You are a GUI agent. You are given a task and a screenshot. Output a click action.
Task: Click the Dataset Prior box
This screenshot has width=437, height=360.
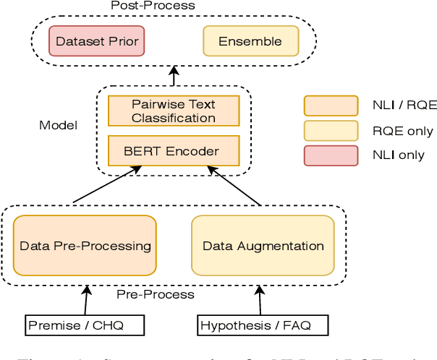(97, 41)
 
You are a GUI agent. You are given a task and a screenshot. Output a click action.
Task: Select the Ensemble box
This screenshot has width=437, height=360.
(250, 41)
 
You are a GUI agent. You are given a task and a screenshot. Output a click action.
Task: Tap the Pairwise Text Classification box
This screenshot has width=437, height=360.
(173, 111)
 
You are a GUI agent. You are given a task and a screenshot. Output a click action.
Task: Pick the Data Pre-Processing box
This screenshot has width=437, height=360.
(85, 246)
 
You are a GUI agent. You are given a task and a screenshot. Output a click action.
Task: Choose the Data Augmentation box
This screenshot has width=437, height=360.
(263, 246)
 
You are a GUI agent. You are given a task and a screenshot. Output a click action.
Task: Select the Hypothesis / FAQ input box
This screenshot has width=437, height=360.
(255, 325)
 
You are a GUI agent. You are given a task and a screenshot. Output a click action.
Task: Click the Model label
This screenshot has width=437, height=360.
(58, 126)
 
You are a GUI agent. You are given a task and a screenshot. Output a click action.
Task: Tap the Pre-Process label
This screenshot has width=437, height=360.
(156, 294)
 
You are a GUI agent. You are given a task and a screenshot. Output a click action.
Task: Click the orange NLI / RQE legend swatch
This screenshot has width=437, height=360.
(331, 106)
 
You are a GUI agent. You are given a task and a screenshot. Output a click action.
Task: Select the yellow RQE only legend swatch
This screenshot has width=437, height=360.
(331, 131)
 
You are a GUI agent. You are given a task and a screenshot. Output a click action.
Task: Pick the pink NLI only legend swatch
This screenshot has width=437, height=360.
(331, 155)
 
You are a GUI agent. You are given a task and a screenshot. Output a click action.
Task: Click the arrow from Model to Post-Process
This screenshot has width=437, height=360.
(173, 77)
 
